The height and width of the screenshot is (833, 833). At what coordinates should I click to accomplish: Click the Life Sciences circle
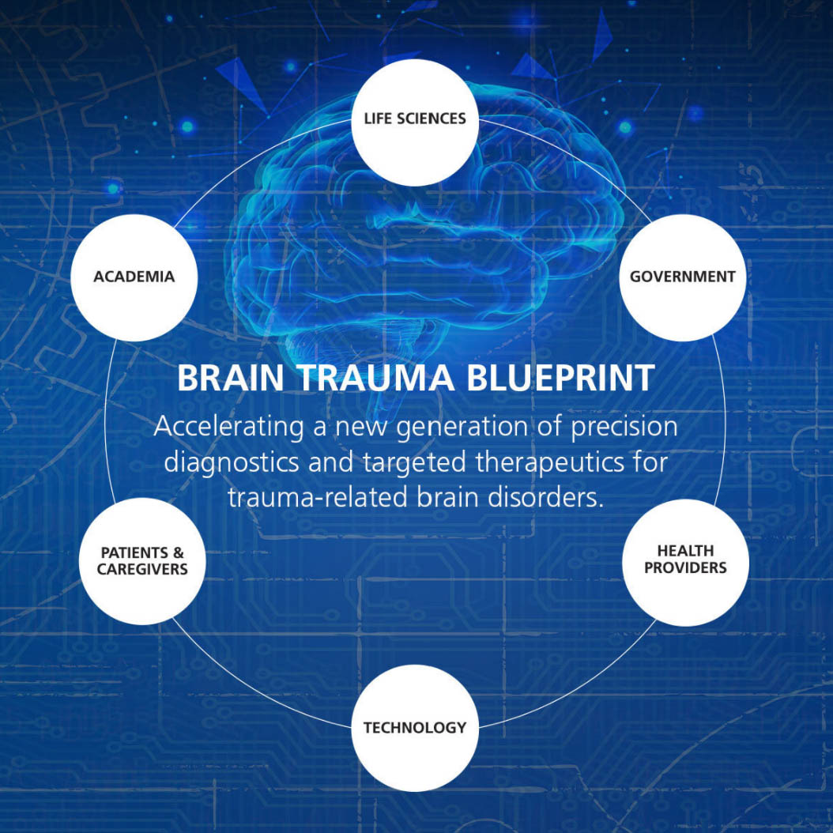pyautogui.click(x=414, y=122)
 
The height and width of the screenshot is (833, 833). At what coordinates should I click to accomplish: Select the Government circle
pyautogui.click(x=682, y=277)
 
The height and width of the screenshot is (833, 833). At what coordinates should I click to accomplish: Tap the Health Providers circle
pyautogui.click(x=685, y=562)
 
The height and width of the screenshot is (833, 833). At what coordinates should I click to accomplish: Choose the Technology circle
pyautogui.click(x=415, y=728)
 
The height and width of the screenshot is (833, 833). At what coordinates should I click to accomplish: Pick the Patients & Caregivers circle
pyautogui.click(x=143, y=561)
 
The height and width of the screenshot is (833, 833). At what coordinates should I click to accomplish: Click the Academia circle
pyautogui.click(x=134, y=277)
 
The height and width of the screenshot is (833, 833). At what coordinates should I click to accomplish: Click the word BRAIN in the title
pyautogui.click(x=229, y=378)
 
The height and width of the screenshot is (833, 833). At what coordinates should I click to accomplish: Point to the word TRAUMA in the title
pyautogui.click(x=375, y=378)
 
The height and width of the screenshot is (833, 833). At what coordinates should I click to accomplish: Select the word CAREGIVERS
pyautogui.click(x=143, y=570)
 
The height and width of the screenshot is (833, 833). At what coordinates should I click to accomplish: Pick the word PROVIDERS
pyautogui.click(x=685, y=568)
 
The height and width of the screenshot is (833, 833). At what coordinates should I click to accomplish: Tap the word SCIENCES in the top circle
pyautogui.click(x=432, y=119)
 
